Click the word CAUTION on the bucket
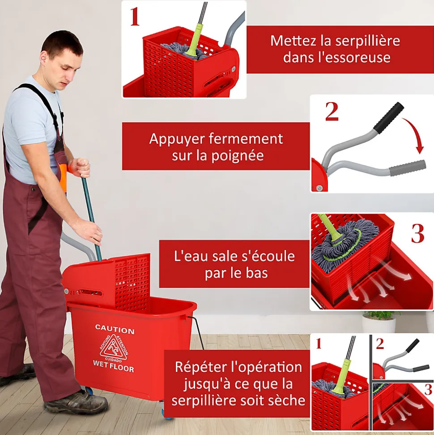(x=115, y=329)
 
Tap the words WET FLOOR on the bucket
(x=113, y=366)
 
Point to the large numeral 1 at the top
(x=135, y=17)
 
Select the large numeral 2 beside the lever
(x=332, y=112)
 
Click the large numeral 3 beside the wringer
(x=417, y=233)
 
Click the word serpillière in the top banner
(x=368, y=41)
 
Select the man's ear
(x=43, y=57)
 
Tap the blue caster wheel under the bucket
(x=89, y=390)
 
